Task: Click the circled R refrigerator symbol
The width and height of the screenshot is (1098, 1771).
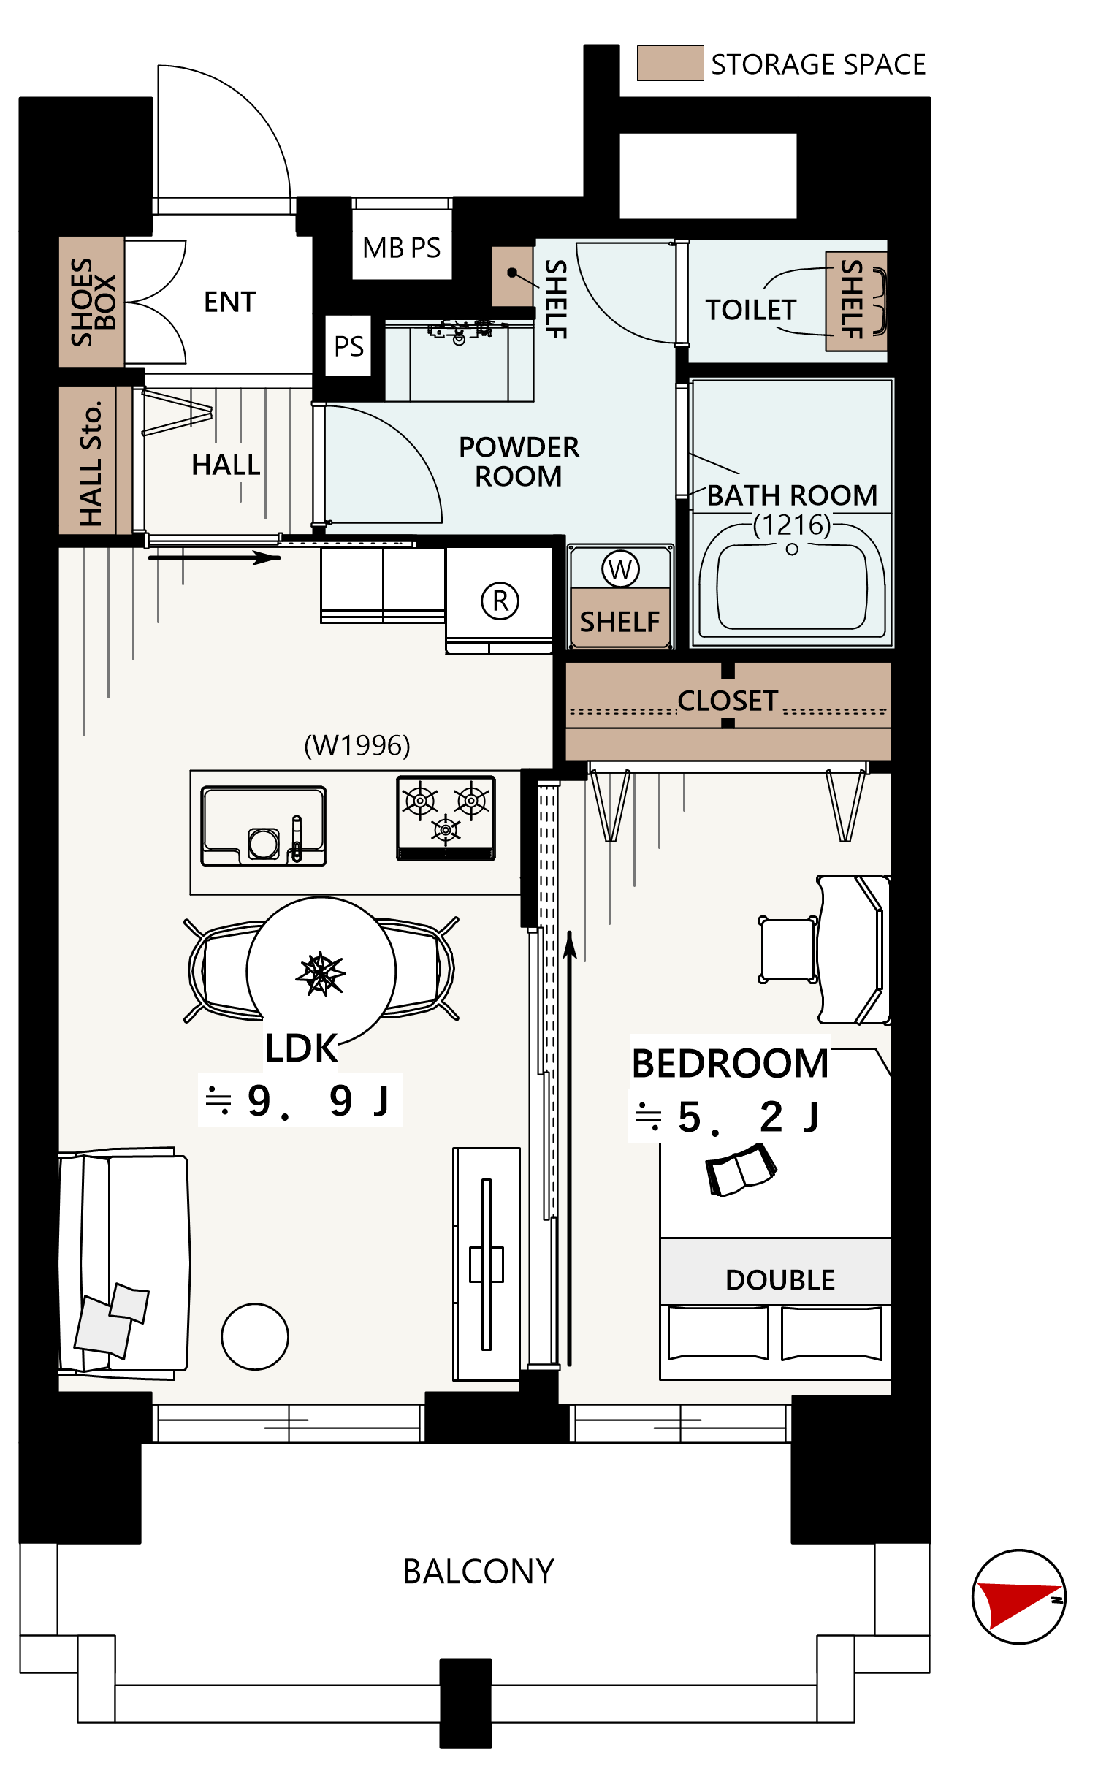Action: [500, 601]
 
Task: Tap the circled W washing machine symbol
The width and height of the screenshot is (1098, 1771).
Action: [620, 569]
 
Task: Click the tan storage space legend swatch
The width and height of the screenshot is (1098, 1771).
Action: [670, 63]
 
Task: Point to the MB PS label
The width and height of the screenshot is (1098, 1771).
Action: [402, 248]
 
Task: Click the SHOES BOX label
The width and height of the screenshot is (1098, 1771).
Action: [93, 302]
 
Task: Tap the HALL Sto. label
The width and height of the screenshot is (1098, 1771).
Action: [91, 463]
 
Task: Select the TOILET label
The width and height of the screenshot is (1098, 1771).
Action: [751, 310]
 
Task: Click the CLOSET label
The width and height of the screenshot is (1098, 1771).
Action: [728, 701]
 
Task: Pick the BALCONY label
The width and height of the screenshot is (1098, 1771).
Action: [479, 1572]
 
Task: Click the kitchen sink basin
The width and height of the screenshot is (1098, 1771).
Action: [264, 826]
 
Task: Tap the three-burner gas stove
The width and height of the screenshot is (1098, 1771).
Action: [446, 818]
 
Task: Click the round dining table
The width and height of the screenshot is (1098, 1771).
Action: [321, 972]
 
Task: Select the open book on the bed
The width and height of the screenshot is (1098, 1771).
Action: [741, 1169]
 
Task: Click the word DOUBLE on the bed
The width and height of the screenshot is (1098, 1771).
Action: [780, 1280]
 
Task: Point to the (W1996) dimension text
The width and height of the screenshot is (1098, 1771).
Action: [357, 745]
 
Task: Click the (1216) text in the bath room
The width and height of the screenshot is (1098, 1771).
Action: [792, 525]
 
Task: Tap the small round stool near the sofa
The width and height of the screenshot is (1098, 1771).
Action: [255, 1336]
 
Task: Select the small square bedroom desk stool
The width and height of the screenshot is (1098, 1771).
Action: [788, 950]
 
